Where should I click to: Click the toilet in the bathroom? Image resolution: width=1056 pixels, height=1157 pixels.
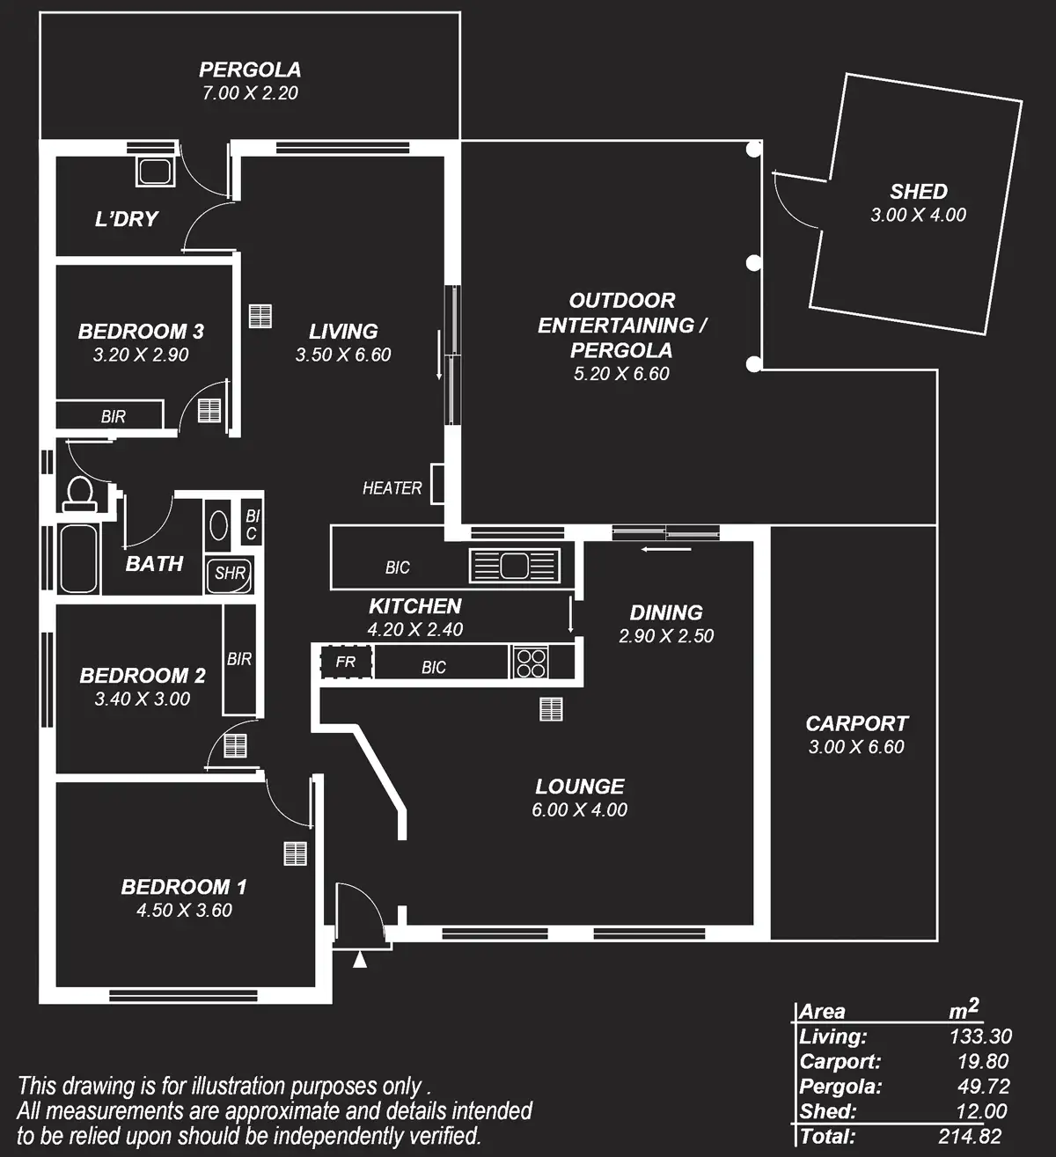click(x=78, y=493)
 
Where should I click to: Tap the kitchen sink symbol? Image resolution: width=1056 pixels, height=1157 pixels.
click(x=515, y=565)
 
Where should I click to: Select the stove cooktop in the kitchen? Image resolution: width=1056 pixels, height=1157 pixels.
click(x=531, y=662)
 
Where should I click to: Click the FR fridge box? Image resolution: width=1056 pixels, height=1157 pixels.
click(x=345, y=662)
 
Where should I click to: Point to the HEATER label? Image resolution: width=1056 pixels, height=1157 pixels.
click(x=392, y=487)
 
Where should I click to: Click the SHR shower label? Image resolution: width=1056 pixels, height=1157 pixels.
click(x=230, y=574)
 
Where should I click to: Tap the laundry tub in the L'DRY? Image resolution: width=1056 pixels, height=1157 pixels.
click(x=156, y=171)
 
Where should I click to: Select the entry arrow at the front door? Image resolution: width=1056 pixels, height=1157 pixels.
click(x=359, y=959)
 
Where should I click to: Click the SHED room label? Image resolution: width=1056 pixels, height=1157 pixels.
click(x=918, y=191)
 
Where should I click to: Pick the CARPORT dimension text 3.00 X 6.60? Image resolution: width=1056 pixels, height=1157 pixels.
click(x=855, y=747)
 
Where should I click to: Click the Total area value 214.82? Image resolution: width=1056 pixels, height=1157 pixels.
click(x=970, y=1136)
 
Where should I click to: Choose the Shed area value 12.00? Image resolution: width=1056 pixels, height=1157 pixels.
click(x=981, y=1111)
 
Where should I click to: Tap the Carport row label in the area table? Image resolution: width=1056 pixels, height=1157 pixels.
click(x=840, y=1062)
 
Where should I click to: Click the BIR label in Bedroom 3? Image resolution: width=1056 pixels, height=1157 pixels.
click(x=113, y=417)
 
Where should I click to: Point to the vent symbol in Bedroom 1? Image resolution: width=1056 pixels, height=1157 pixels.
click(x=295, y=853)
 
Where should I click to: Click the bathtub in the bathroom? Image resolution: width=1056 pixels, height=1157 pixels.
click(x=78, y=559)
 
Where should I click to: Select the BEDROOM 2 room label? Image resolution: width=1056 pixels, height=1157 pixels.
click(x=143, y=676)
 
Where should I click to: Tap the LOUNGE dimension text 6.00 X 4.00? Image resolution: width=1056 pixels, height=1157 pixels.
click(x=579, y=809)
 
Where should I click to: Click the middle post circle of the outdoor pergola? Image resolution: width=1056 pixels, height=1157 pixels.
click(x=753, y=262)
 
